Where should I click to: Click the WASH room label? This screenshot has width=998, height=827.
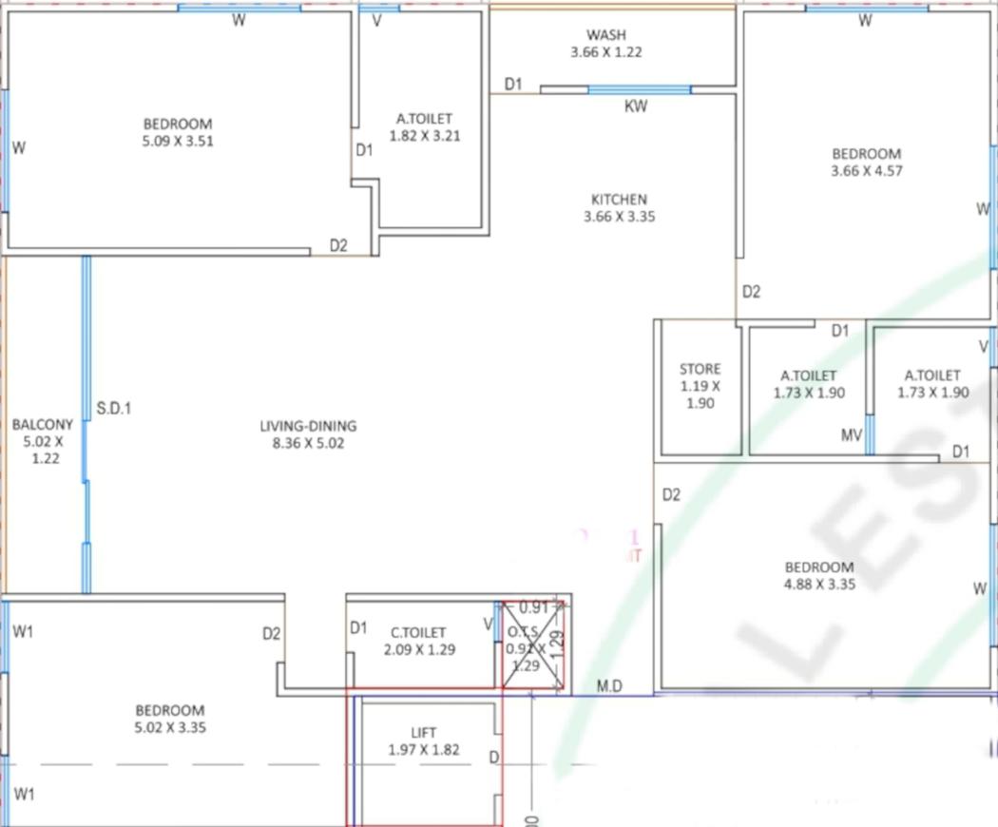click(605, 35)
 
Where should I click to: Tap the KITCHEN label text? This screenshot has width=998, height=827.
click(619, 200)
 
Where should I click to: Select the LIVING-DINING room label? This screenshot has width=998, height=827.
click(308, 426)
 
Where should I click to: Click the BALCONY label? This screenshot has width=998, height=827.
click(42, 425)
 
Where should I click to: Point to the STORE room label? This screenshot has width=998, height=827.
click(700, 369)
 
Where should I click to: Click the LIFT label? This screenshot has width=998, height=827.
click(423, 733)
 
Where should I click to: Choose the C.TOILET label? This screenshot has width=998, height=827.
click(418, 632)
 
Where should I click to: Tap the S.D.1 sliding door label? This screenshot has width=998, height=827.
click(114, 410)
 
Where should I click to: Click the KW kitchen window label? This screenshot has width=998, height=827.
click(636, 106)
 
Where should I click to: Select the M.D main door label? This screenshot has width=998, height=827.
click(609, 686)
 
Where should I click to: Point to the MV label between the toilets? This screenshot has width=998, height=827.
click(852, 435)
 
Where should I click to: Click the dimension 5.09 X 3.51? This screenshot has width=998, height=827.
click(178, 141)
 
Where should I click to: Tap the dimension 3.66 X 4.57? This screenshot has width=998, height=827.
click(866, 171)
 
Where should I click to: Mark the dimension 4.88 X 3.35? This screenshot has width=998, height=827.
click(818, 585)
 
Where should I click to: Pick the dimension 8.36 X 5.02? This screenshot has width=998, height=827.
click(308, 442)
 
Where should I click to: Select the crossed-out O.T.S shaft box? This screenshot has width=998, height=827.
click(533, 644)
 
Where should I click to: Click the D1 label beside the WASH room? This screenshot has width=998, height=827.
click(513, 85)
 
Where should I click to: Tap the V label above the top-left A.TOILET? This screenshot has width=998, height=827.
click(376, 21)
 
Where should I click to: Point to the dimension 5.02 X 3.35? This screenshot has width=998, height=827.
click(170, 727)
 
